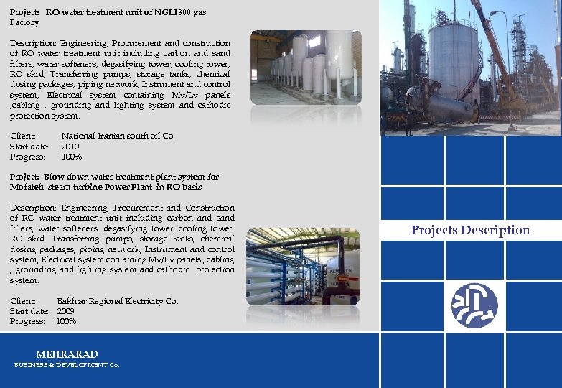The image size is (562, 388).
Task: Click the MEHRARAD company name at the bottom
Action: pyautogui.click(x=67, y=354)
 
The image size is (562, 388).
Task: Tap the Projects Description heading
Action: pyautogui.click(x=470, y=230)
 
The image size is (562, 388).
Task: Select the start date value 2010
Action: pyautogui.click(x=71, y=147)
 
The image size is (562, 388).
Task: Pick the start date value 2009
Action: pyautogui.click(x=65, y=311)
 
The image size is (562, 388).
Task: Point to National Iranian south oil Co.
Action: pyautogui.click(x=118, y=136)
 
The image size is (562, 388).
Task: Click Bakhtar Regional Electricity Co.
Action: pyautogui.click(x=117, y=301)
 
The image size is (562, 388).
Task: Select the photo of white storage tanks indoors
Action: pyautogui.click(x=306, y=67)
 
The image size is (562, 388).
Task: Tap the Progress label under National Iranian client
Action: pyautogui.click(x=27, y=157)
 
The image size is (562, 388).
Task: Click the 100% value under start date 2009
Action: pyautogui.click(x=66, y=321)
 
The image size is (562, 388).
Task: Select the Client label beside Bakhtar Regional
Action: pyautogui.click(x=23, y=301)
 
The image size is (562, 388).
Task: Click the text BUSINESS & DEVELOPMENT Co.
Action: pyautogui.click(x=67, y=365)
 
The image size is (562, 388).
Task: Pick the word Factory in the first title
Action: pyautogui.click(x=24, y=23)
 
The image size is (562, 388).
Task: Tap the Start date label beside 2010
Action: pyautogui.click(x=29, y=147)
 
